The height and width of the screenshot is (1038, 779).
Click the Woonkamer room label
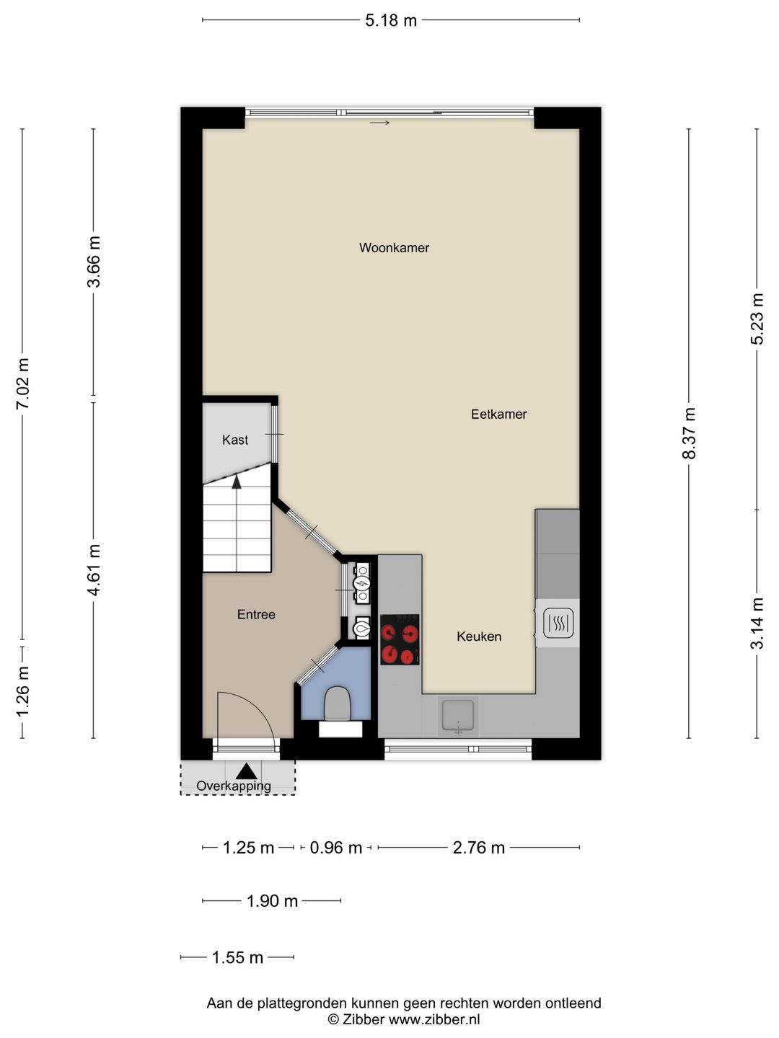coord(394,247)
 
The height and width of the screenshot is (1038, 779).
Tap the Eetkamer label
coord(498,414)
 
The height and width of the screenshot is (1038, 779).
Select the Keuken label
coord(479,636)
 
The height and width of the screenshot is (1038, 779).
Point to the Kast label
coord(235,440)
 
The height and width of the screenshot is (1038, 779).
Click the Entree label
coord(256,614)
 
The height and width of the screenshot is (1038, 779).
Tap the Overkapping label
coord(234,786)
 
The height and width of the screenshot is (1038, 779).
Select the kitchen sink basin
coord(457,717)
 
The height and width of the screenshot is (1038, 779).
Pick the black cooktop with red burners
coord(400,639)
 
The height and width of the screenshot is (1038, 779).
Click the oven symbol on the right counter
coord(558,623)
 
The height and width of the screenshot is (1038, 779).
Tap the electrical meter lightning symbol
coord(362,585)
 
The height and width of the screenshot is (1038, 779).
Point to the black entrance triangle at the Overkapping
coord(246,771)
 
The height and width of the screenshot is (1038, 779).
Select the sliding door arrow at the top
coord(380,123)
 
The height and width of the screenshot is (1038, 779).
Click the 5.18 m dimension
coord(391,20)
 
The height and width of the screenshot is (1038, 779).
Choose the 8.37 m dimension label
coord(689,433)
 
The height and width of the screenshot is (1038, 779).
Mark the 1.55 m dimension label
coord(237,957)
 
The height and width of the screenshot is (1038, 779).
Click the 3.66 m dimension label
coord(93,262)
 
